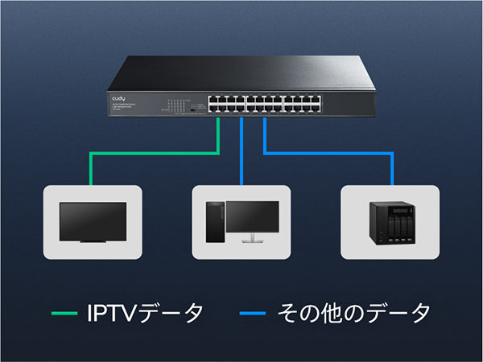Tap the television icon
(93, 221)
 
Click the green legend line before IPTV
(64, 313)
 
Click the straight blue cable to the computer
(242, 153)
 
